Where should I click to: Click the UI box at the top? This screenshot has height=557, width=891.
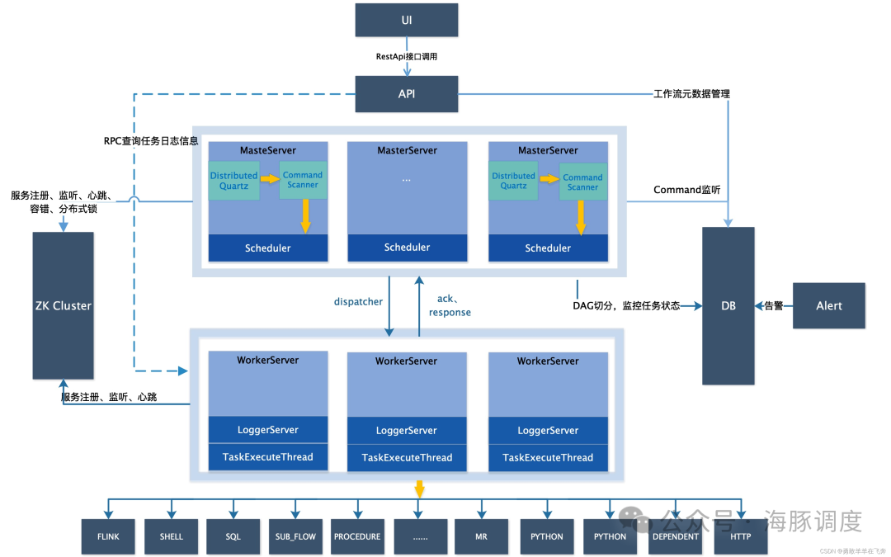coord(406,20)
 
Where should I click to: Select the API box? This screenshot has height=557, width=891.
coord(406,94)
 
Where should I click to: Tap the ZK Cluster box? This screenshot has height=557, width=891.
coord(63,305)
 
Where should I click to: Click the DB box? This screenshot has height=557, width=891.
coord(728,305)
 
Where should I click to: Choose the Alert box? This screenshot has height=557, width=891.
coord(828,305)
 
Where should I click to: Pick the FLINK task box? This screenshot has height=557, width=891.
coord(107,536)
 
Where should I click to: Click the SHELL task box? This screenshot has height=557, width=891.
coord(171,536)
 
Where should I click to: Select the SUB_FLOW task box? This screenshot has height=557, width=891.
coord(295,536)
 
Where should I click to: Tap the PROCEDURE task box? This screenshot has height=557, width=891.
coord(357,536)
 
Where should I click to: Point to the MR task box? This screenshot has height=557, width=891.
coord(481,536)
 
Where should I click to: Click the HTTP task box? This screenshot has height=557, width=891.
coord(739,536)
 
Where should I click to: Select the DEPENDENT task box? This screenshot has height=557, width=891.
coord(675,536)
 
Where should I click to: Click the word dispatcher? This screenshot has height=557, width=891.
coord(358,302)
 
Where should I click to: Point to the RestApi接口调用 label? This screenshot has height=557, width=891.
coord(406,57)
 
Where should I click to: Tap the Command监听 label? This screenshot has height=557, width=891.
coord(686,190)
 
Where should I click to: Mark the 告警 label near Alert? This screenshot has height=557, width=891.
coord(773,305)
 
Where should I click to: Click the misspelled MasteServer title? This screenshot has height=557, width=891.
coord(268,151)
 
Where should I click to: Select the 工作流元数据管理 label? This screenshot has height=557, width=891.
coord(691,94)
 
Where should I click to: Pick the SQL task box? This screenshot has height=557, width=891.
coord(233,536)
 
